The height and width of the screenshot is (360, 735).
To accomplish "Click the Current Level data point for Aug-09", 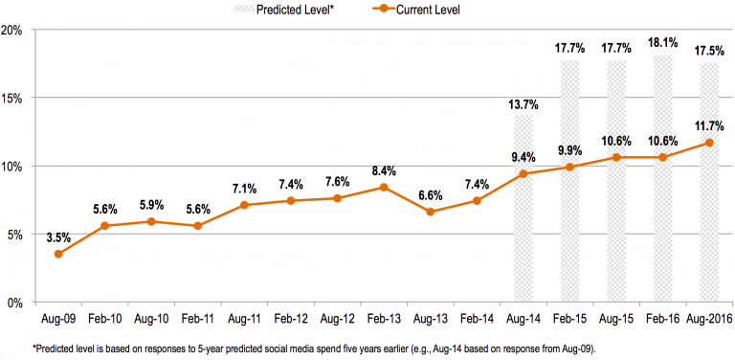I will click(x=58, y=254).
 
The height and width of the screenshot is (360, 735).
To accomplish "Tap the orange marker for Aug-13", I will click(x=430, y=212).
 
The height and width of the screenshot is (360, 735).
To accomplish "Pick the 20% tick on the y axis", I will click(x=12, y=29).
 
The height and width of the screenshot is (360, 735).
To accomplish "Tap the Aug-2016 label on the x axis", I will click(x=708, y=316).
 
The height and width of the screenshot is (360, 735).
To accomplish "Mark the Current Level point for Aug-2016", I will click(x=708, y=143).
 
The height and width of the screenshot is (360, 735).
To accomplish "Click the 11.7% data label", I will click(x=708, y=124).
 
